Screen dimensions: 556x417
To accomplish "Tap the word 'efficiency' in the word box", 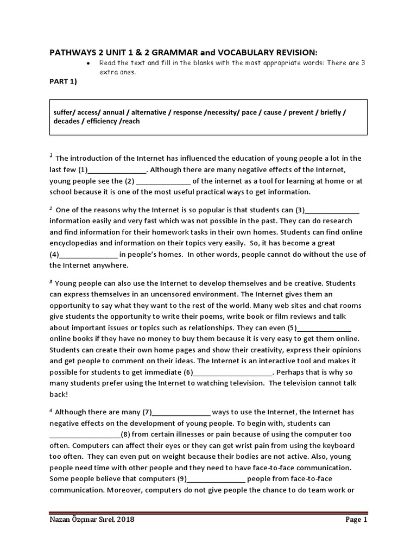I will click(103, 121).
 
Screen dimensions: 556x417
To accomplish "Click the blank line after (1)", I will click(115, 170).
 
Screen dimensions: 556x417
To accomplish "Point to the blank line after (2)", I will click(163, 181).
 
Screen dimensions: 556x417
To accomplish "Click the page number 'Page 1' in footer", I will click(356, 520).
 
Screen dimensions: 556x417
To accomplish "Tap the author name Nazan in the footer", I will click(62, 520).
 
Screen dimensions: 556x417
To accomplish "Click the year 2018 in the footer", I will click(124, 520).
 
